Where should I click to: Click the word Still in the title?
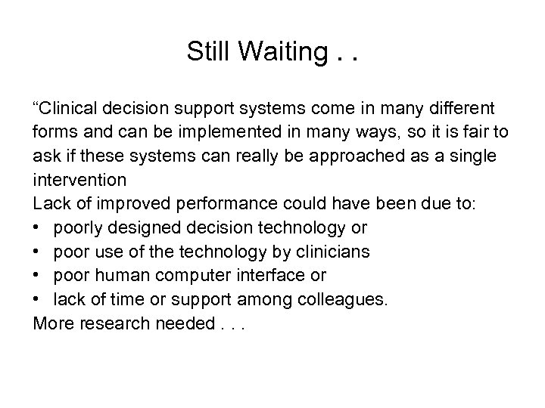[209, 52]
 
